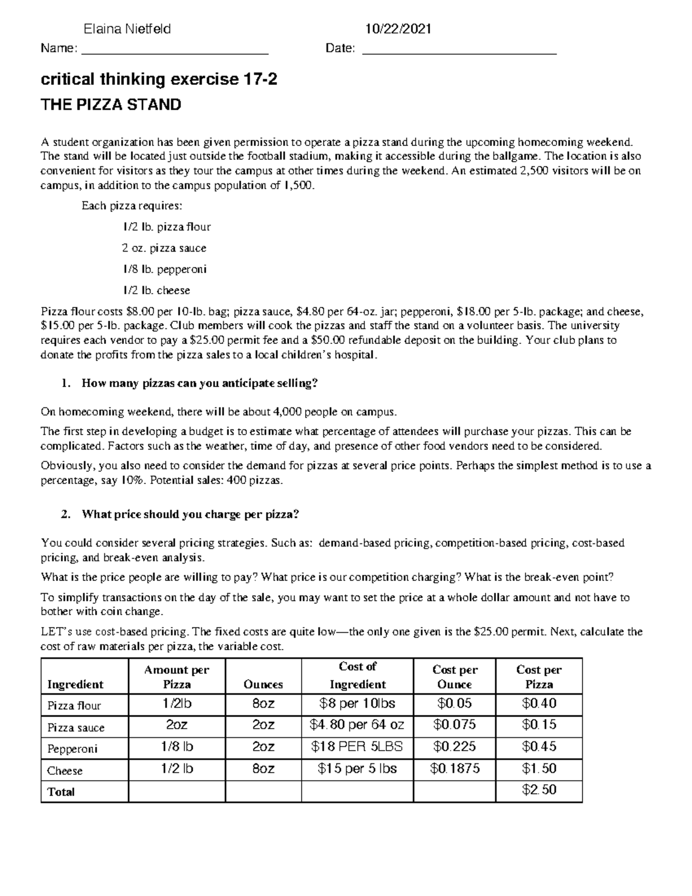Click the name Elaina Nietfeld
click(x=127, y=29)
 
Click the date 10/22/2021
click(x=398, y=29)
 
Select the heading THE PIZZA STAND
click(x=111, y=105)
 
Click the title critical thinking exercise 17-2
click(x=159, y=80)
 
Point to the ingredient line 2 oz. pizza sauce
click(x=164, y=248)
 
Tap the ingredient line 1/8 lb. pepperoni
click(x=164, y=269)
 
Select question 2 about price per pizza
click(x=190, y=514)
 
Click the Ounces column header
click(x=263, y=684)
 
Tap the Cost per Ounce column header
click(x=454, y=677)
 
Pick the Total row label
click(x=61, y=792)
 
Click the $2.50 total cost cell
click(x=539, y=790)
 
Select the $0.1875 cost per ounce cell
click(x=454, y=768)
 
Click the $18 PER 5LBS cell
click(x=357, y=747)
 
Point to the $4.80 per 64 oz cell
click(x=357, y=725)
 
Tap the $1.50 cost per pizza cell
click(x=539, y=768)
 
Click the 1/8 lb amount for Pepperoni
click(x=176, y=747)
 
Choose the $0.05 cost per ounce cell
click(x=454, y=703)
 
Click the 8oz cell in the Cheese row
click(x=263, y=768)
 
